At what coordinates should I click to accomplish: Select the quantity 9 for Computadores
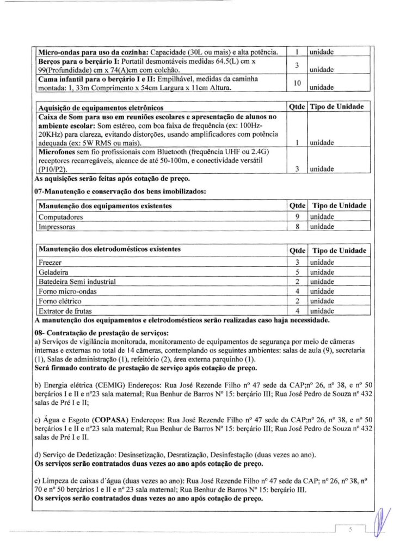[298, 216]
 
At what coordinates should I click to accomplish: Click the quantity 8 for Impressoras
[298, 226]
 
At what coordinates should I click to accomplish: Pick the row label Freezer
[48, 263]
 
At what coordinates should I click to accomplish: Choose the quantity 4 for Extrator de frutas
[298, 310]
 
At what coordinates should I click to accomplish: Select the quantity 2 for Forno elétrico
[298, 301]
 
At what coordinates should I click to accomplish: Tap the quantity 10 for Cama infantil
[298, 83]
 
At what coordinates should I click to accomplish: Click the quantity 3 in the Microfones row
[298, 169]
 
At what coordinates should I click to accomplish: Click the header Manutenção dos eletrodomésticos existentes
[109, 250]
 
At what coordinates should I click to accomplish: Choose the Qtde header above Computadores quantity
[298, 205]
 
